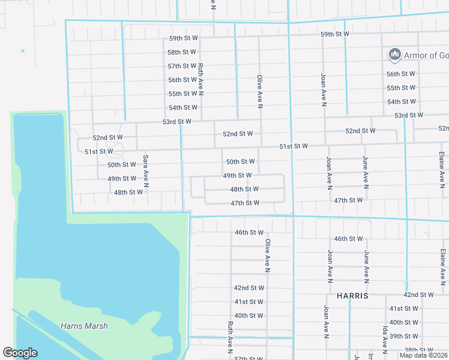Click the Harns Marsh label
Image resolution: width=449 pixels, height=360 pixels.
(84, 326)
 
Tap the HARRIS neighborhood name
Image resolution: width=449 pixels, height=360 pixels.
(352, 296)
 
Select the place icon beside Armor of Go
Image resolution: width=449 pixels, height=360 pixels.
(395, 55)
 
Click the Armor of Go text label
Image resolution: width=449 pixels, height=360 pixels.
(426, 55)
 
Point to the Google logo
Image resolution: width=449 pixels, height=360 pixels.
(20, 353)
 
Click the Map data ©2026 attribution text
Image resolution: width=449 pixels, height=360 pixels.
(423, 355)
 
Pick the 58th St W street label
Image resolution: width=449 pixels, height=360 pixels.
(182, 52)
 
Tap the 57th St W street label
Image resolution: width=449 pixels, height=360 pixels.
(182, 66)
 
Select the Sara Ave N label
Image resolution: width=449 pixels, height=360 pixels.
(145, 169)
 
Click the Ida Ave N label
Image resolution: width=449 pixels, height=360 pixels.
(384, 339)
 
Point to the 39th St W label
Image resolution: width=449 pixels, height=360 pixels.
(403, 336)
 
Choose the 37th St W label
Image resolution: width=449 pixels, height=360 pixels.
(249, 358)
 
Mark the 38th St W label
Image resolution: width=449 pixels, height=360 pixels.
(418, 350)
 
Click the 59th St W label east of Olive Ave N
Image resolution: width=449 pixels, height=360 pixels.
(334, 34)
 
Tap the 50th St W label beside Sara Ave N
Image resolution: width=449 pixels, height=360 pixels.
(122, 164)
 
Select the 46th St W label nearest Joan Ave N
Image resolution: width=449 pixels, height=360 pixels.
(348, 239)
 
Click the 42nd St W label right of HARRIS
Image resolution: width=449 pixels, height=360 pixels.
(418, 295)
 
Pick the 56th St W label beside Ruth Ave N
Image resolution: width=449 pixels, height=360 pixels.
(182, 80)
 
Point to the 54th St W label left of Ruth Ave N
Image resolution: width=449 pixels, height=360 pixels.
(183, 107)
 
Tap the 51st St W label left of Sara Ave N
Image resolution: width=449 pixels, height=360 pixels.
(99, 152)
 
